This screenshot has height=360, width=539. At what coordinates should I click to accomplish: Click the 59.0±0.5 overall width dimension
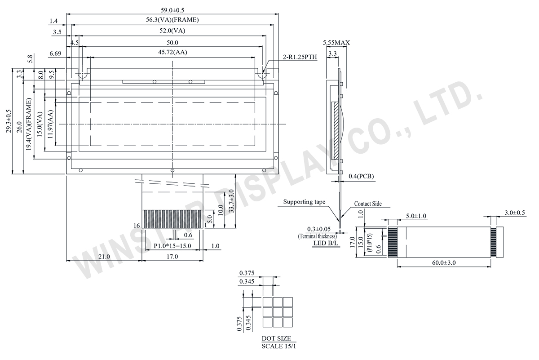(172, 9)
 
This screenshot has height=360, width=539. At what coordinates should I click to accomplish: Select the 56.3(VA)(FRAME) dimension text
(172, 20)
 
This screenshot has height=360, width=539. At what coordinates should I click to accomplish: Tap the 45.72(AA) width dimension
(172, 53)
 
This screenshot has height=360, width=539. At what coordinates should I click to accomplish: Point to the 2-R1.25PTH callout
(300, 57)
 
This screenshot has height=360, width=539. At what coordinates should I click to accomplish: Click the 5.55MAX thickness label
(336, 43)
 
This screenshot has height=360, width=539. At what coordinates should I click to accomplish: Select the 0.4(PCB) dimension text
(362, 176)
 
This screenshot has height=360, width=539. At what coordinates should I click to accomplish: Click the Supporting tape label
(304, 202)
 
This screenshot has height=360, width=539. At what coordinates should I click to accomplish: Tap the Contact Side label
(368, 204)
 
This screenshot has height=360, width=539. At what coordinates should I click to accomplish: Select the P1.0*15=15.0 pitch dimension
(172, 246)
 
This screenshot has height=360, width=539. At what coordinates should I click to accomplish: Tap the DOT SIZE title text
(276, 338)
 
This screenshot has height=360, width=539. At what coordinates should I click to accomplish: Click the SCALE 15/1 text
(278, 347)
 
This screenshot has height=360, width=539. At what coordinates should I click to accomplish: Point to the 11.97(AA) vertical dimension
(50, 122)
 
